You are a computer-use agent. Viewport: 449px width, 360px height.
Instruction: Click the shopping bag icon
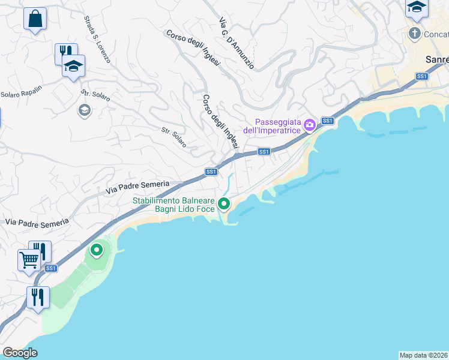[x=35, y=19]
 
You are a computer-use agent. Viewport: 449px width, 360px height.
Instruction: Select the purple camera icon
[x=310, y=125]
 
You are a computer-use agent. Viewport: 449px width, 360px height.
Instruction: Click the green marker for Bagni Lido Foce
[x=224, y=204]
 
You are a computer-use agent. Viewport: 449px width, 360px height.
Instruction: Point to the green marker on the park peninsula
[x=96, y=249]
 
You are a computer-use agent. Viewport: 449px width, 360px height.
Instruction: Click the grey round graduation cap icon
[x=84, y=109]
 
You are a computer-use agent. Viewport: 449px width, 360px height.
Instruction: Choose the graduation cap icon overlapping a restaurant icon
[x=74, y=67]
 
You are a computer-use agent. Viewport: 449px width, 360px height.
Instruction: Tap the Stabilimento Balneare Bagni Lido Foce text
[x=173, y=205]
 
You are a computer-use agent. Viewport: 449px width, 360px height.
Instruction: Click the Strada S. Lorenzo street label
[x=97, y=40]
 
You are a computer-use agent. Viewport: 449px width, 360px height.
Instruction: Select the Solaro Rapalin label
[x=21, y=94]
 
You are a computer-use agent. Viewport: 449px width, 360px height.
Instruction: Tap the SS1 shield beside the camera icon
[x=327, y=121]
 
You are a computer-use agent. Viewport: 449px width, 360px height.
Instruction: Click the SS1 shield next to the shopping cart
[x=51, y=268]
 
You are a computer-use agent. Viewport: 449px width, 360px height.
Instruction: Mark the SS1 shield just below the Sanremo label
[x=422, y=76]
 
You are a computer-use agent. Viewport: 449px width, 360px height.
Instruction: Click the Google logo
[x=20, y=353]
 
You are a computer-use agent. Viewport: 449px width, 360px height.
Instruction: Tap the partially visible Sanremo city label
[x=436, y=60]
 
